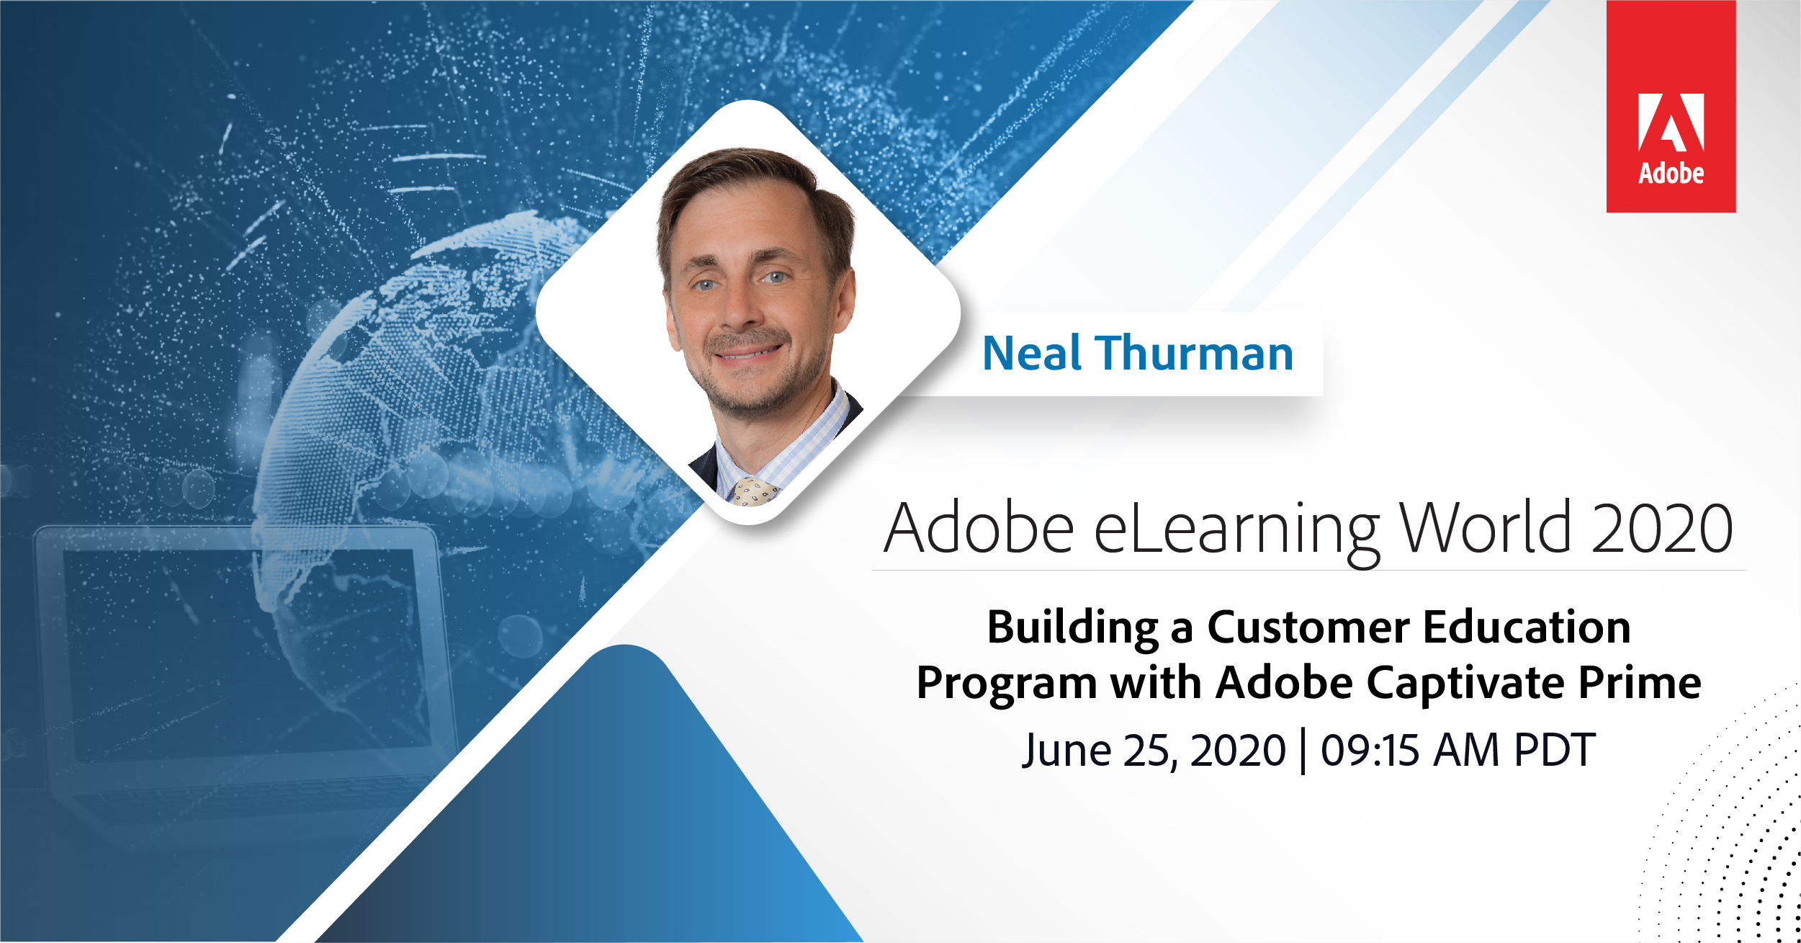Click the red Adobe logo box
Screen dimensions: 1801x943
pos(1671,106)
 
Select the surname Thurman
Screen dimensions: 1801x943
pos(1195,354)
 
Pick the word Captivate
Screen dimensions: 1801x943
pos(1465,684)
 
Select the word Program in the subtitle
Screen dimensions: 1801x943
pos(1006,684)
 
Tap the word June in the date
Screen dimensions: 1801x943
pos(1066,751)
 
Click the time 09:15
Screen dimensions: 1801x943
pos(1370,751)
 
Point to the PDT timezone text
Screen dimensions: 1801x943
pos(1554,751)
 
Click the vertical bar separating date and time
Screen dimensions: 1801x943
pos(1303,751)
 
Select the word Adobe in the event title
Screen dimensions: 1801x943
pos(979,527)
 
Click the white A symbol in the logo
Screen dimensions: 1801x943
pos(1671,122)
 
